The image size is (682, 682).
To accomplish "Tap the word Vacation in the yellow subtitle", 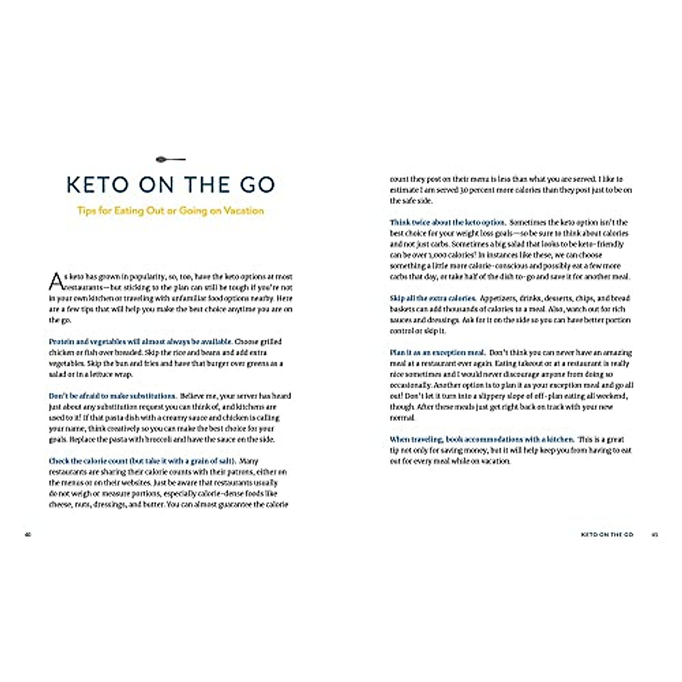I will [244, 210].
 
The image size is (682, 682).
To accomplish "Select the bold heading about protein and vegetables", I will [141, 342].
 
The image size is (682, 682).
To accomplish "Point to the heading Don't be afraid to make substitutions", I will [113, 396].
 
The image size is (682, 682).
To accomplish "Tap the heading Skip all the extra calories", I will [433, 298].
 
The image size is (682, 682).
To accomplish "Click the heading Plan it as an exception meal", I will [437, 352].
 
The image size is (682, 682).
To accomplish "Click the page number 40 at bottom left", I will [27, 535].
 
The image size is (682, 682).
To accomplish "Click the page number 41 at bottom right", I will [655, 535].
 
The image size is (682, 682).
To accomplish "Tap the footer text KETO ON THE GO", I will [606, 535].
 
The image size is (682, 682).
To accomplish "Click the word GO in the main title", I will [254, 185].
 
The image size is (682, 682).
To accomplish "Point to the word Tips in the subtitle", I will [86, 210].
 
